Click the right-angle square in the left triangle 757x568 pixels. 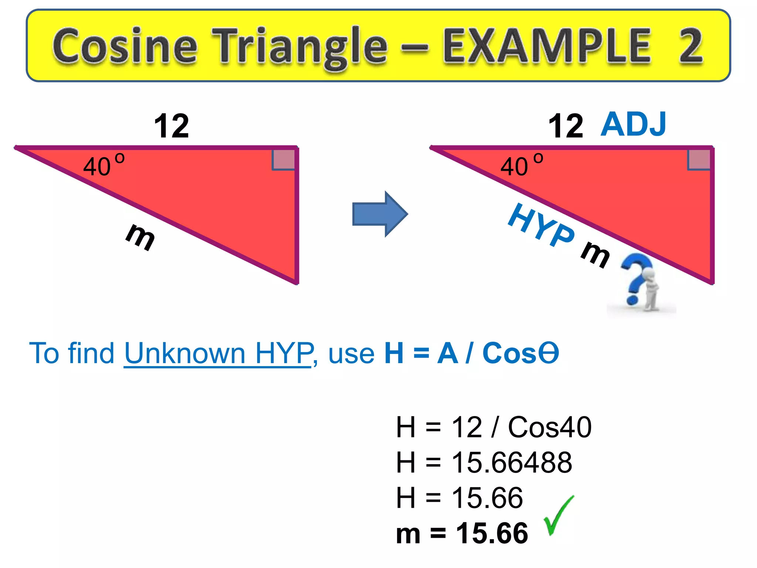click(284, 160)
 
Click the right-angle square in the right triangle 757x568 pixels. click(699, 160)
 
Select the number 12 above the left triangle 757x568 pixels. click(172, 126)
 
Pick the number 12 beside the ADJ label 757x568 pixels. click(566, 126)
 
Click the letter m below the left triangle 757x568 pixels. click(141, 237)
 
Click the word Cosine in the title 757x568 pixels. click(125, 46)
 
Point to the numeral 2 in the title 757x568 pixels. click(690, 46)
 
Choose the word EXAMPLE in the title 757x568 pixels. click(547, 46)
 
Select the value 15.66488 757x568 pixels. click(512, 462)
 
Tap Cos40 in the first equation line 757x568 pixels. click(550, 427)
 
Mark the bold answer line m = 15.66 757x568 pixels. click(462, 533)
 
